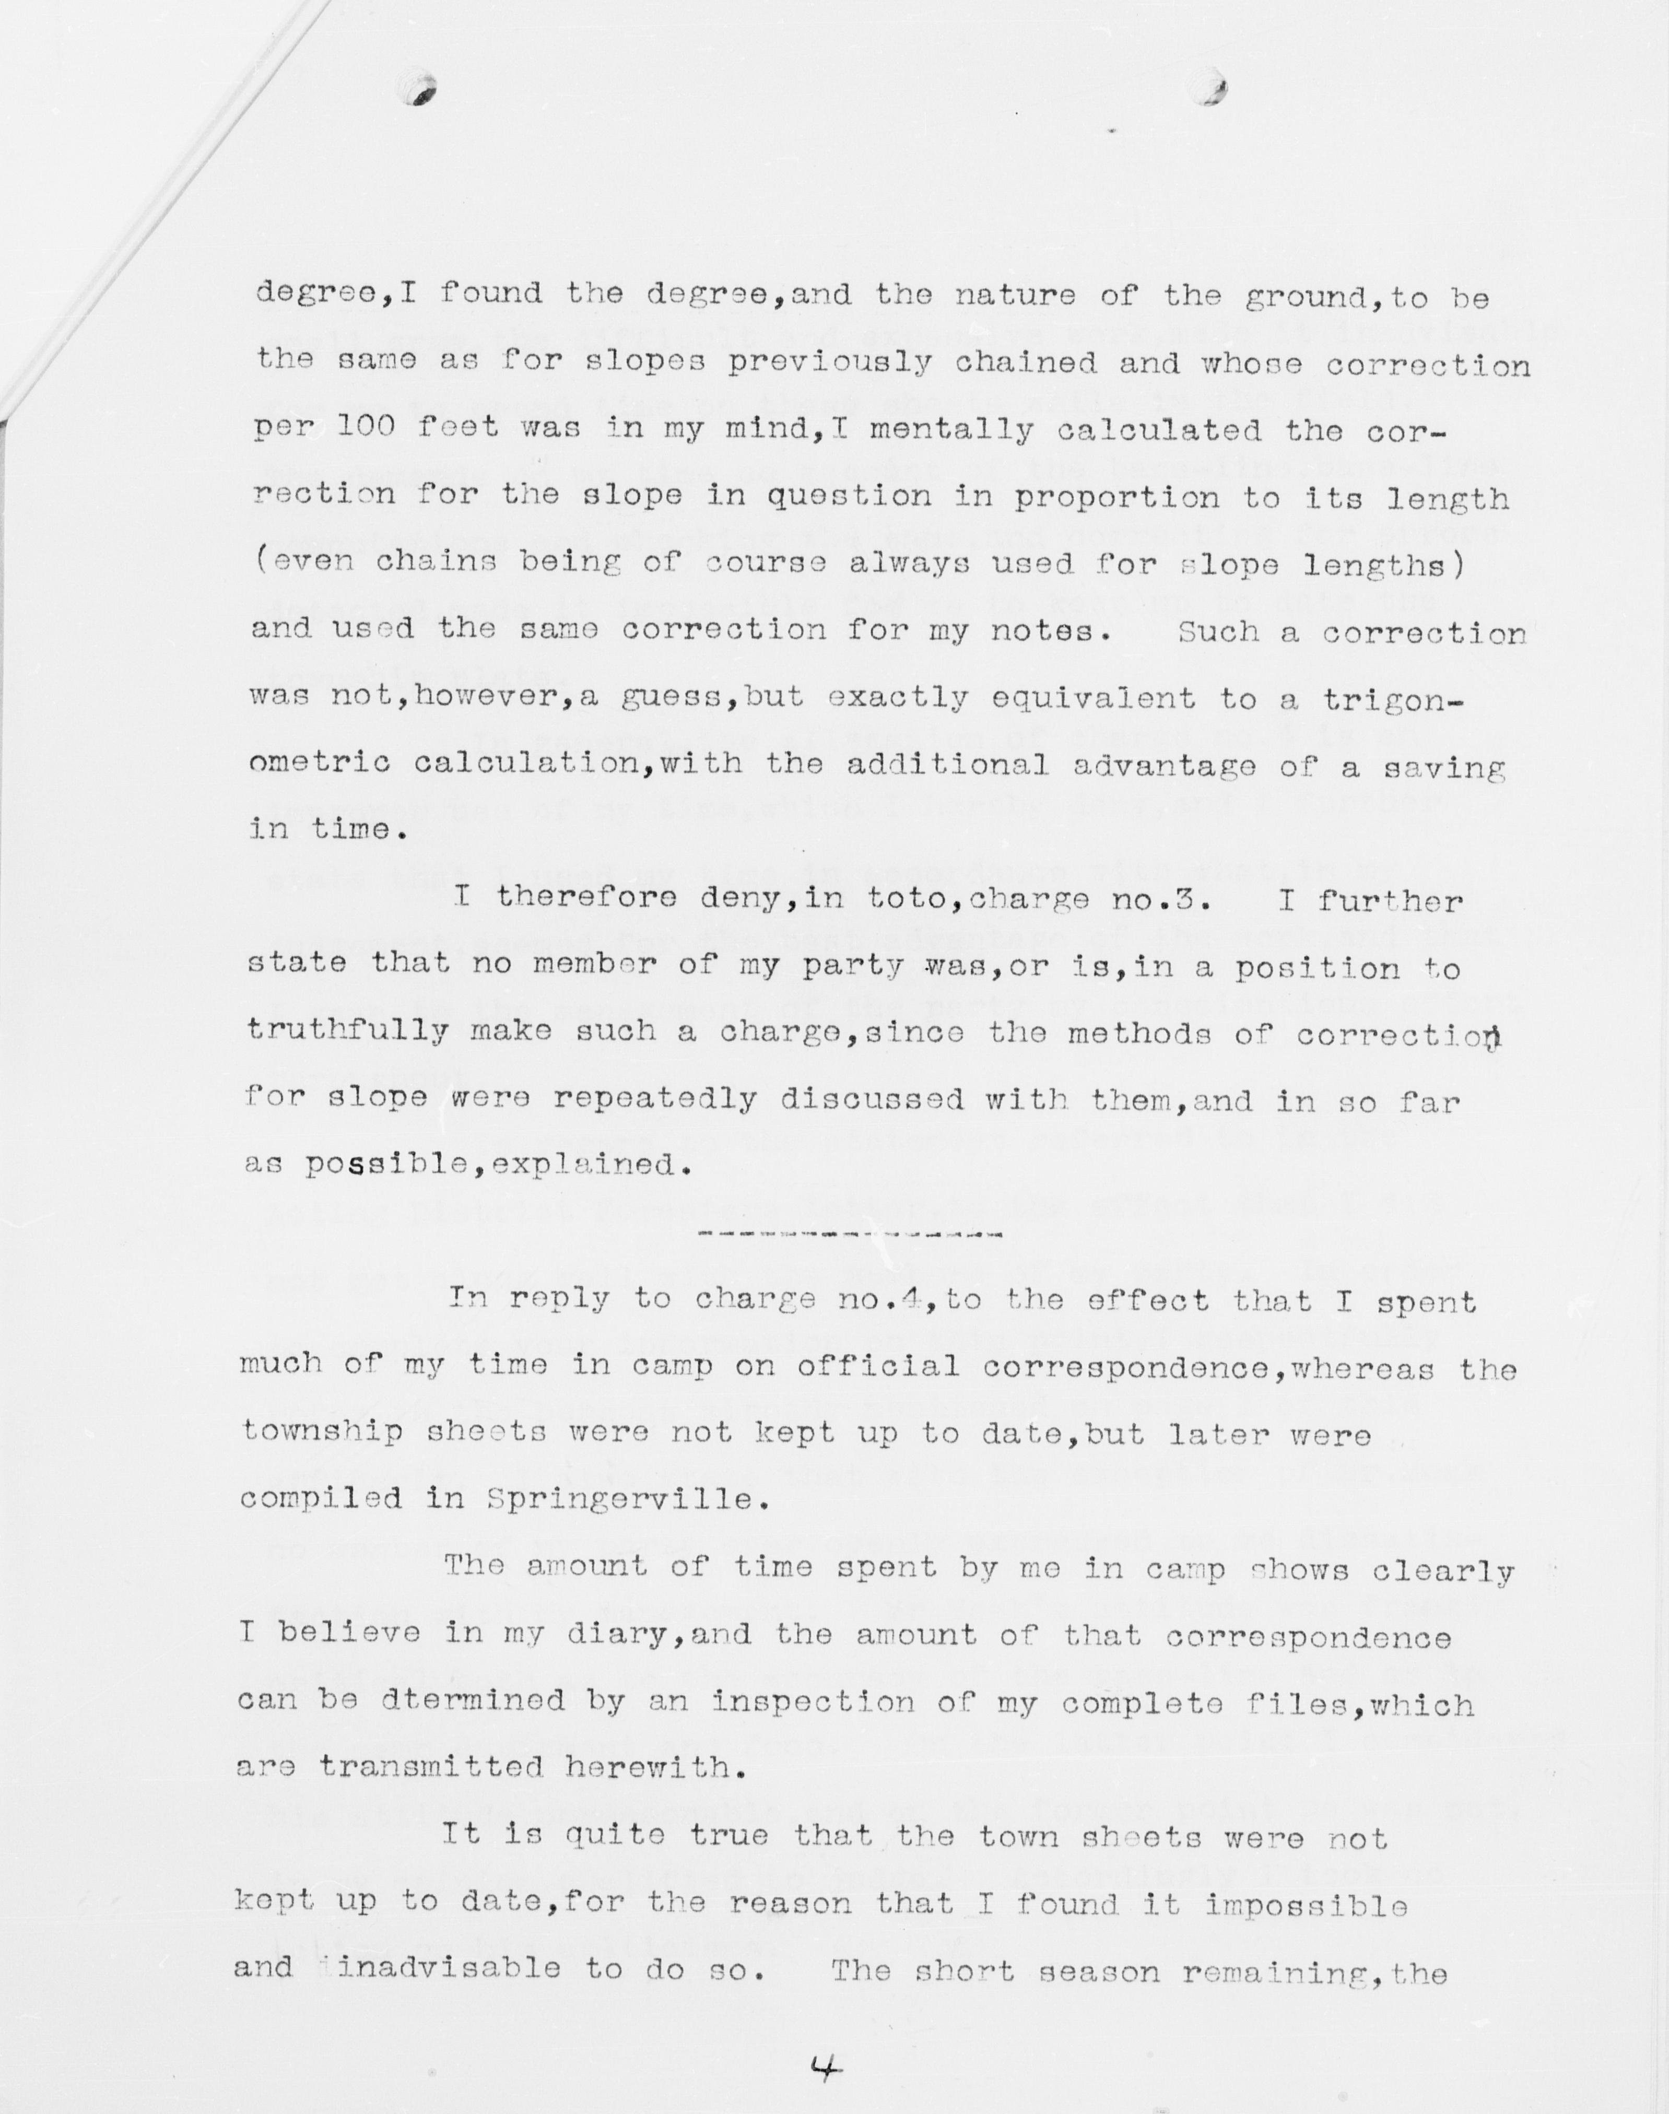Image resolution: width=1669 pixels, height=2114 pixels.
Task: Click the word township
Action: coord(322,1432)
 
